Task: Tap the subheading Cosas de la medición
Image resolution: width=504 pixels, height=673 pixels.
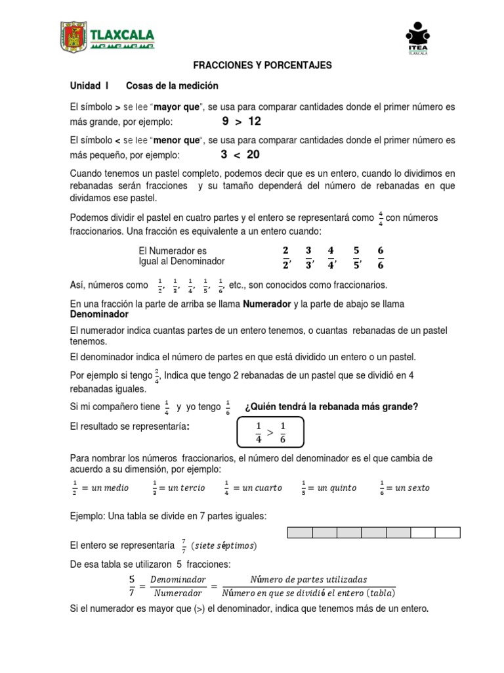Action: click(x=172, y=86)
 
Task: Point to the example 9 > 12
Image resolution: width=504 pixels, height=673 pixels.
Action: click(x=241, y=122)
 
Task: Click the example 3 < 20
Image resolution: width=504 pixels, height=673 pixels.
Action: click(x=240, y=154)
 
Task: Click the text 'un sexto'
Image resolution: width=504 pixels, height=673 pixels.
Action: click(x=415, y=488)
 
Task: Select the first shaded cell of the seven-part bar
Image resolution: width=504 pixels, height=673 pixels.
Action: click(x=300, y=533)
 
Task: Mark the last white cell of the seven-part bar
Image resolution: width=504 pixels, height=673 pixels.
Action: click(x=448, y=533)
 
